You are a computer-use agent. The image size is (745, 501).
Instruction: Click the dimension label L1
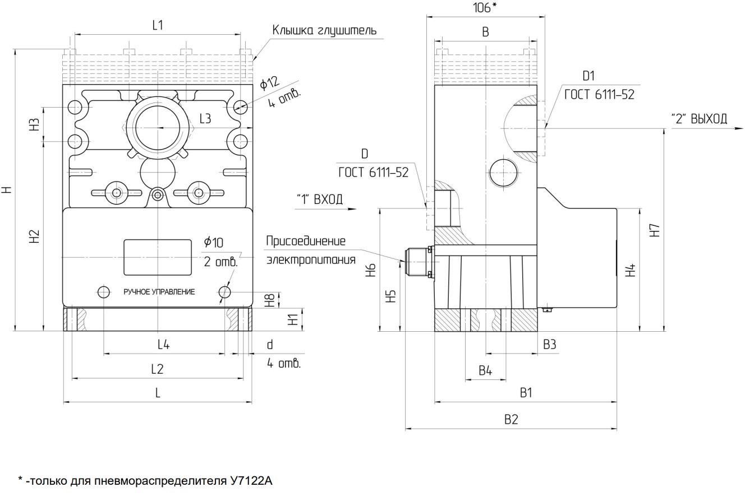coord(158,25)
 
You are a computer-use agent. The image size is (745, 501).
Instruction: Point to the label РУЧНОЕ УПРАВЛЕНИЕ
coord(159,292)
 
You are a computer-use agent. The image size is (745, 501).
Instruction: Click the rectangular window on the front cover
coord(158,257)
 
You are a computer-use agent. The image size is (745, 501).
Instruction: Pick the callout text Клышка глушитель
coord(324,30)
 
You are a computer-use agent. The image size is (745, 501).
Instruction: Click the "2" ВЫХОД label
coord(699,119)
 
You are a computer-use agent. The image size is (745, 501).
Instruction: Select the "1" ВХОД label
coord(319,199)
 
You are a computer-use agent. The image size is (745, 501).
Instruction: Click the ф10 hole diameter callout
coord(214,242)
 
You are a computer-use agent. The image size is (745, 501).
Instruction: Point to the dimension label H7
coord(656,230)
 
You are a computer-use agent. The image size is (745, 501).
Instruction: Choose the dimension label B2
coord(511,419)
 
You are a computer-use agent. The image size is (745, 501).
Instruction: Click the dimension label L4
coord(163,345)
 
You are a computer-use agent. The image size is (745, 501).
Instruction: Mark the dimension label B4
coord(485,370)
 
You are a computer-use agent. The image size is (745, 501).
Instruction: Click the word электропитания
coord(311,259)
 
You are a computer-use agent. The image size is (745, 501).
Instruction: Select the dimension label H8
coord(270,300)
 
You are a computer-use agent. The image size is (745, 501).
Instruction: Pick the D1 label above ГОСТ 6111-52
coord(588,76)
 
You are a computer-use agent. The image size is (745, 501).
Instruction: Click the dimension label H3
coord(35,124)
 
